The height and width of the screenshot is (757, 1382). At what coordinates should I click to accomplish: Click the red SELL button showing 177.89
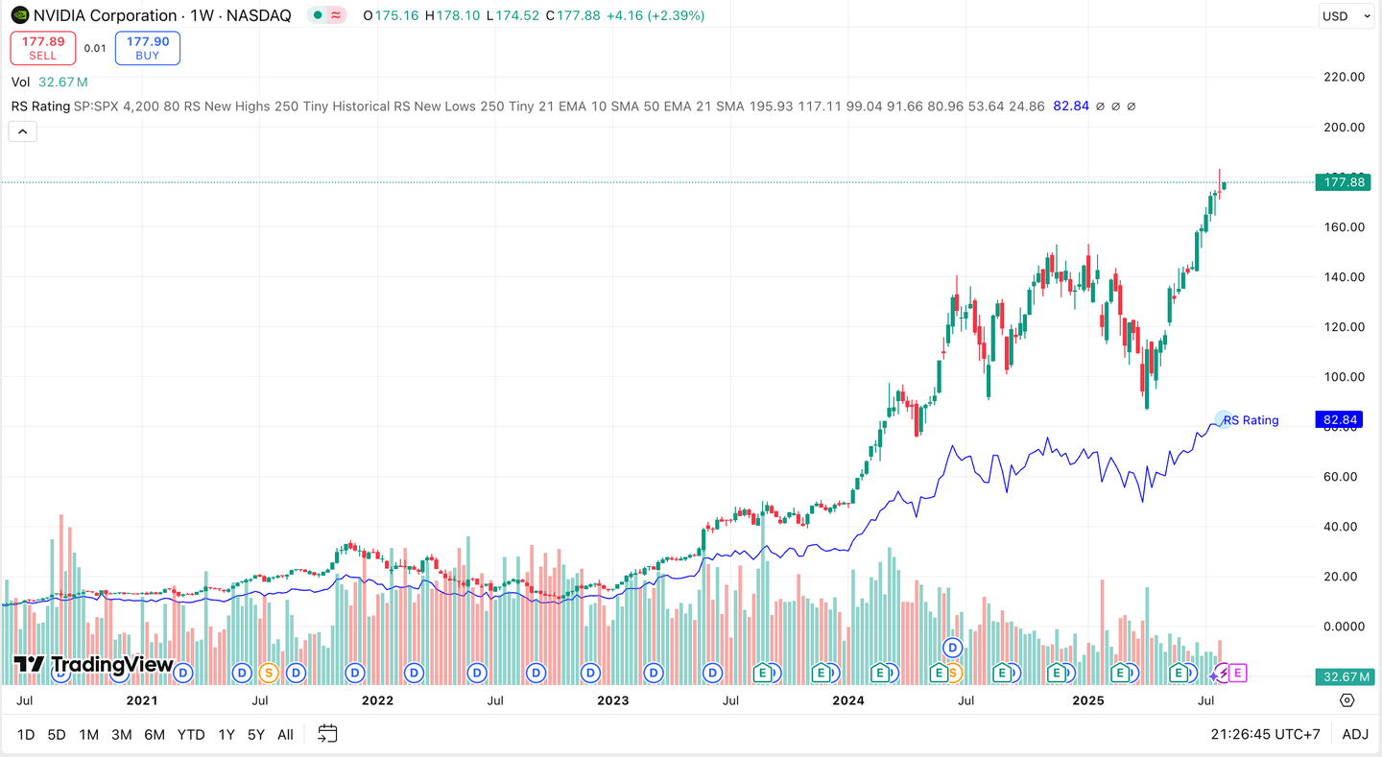click(x=43, y=48)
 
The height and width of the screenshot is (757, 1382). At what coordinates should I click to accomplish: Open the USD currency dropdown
click(x=1346, y=15)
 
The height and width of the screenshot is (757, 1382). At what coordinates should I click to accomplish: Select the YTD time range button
click(x=191, y=735)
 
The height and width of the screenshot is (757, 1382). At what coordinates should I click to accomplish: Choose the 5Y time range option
click(x=255, y=735)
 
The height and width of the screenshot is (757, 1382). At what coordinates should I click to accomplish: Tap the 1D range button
click(x=26, y=735)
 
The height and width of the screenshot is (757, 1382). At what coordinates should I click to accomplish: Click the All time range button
click(x=285, y=735)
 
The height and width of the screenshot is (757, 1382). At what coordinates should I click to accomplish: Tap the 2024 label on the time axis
click(x=847, y=700)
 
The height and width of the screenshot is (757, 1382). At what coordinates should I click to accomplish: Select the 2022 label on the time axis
click(x=377, y=700)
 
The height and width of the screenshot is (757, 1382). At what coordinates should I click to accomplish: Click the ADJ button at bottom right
click(x=1355, y=735)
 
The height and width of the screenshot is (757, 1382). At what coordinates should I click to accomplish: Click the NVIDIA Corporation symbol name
click(x=105, y=15)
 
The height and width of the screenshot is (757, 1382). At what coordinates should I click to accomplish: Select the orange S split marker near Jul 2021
click(x=268, y=673)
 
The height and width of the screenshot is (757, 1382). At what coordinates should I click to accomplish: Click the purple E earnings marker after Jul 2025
click(x=1237, y=673)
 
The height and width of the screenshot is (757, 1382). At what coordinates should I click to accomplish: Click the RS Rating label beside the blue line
click(x=1251, y=420)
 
